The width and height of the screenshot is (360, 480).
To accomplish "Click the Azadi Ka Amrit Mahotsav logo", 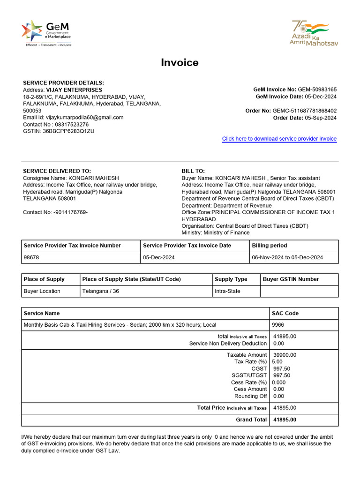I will click(314, 33).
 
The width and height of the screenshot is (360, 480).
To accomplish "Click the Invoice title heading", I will click(180, 63).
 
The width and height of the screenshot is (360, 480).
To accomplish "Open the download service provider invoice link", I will click(279, 139).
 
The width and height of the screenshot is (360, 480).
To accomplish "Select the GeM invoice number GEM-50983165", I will click(317, 90).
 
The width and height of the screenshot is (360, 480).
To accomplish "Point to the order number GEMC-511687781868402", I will click(304, 111).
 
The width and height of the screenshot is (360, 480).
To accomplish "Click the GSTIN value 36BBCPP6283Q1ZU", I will click(68, 131).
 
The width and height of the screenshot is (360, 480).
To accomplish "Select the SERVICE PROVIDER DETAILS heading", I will click(63, 83).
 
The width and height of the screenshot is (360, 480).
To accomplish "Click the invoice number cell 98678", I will click(31, 257).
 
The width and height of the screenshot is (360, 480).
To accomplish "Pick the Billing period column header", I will click(270, 246).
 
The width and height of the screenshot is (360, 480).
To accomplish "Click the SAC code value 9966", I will click(278, 325).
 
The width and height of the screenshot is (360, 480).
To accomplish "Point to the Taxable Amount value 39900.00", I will click(285, 355).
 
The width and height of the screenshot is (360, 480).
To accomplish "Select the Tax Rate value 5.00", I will click(278, 362).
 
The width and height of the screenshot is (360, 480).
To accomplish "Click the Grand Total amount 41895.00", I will click(285, 420).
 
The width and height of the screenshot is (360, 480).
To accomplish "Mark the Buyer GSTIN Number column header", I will click(291, 279).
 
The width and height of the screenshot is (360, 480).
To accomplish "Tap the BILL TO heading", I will click(193, 171).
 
